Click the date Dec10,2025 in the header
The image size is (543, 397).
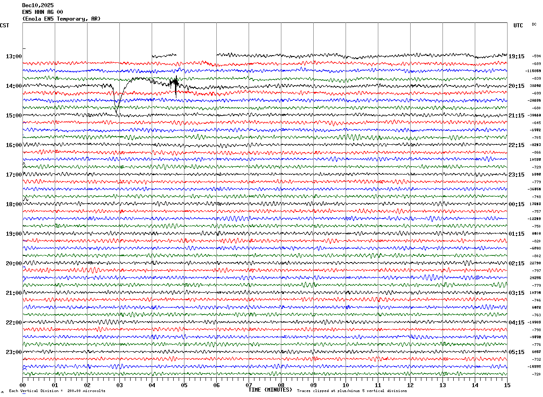click(x=38, y=5)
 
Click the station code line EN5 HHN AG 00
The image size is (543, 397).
click(x=43, y=12)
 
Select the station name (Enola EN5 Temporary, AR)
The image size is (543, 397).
click(x=61, y=19)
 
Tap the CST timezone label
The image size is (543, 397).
click(x=4, y=26)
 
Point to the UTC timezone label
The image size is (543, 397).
click(x=518, y=26)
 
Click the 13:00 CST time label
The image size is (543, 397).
click(x=13, y=56)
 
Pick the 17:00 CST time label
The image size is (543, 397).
click(x=13, y=175)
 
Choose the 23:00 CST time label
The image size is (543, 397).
click(x=13, y=352)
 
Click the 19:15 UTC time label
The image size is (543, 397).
click(x=517, y=56)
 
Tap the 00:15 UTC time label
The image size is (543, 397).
click(x=517, y=204)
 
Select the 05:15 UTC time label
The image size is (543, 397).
click(x=517, y=352)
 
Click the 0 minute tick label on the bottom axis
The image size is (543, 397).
click(x=23, y=385)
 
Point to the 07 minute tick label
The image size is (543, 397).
click(x=249, y=385)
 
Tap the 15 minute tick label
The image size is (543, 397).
click(x=507, y=385)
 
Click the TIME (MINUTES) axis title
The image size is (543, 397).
click(x=270, y=390)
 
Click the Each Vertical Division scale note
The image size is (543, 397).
click(x=57, y=391)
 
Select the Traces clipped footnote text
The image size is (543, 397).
click(x=352, y=391)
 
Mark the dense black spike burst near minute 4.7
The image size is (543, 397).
click(x=175, y=83)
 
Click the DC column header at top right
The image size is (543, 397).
click(x=534, y=24)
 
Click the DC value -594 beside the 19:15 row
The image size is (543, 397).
click(x=536, y=56)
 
